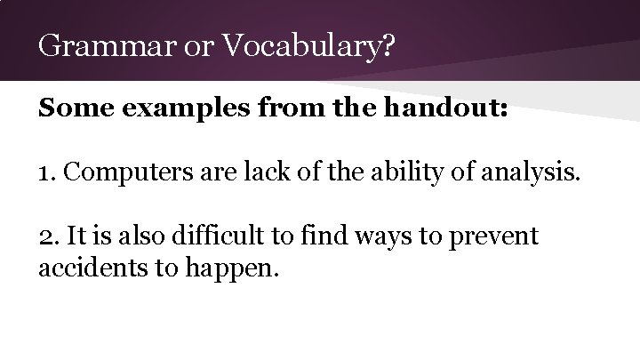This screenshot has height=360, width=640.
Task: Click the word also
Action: click(140, 237)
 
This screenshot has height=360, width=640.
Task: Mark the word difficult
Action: click(219, 237)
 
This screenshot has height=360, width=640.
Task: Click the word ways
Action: click(383, 237)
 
